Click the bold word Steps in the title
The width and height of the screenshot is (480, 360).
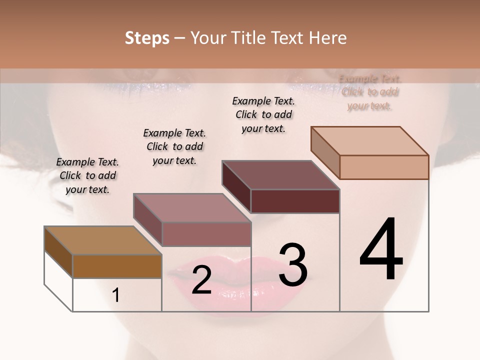[147, 38]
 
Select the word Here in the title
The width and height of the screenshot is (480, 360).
[327, 38]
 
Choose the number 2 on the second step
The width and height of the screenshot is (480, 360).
[201, 280]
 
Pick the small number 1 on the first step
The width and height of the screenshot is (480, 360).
[116, 295]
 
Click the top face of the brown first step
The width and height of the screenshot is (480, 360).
[102, 240]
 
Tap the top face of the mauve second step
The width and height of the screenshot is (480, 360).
[191, 208]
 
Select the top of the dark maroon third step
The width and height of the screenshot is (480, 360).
[280, 175]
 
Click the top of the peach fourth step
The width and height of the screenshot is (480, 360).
[369, 141]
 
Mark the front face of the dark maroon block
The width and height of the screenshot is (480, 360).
[295, 201]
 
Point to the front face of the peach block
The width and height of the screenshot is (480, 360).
[384, 167]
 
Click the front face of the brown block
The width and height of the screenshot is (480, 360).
[117, 266]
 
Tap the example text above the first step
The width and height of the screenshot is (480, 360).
[87, 175]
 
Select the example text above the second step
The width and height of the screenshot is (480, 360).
[174, 146]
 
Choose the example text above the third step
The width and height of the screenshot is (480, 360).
[263, 114]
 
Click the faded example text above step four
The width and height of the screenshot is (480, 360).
[370, 92]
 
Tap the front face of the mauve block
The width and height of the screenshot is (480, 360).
[206, 234]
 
